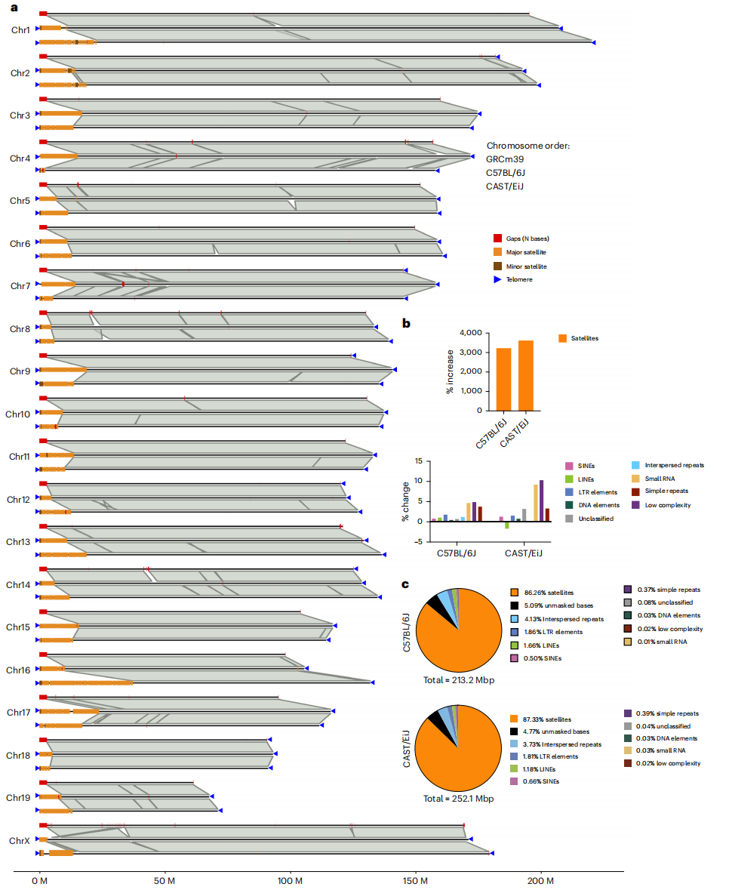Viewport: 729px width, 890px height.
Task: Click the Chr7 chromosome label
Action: pos(20,286)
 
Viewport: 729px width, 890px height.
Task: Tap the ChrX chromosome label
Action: pos(20,840)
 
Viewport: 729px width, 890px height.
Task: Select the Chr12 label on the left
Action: pos(18,500)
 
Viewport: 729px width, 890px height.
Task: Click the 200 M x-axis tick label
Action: pos(540,880)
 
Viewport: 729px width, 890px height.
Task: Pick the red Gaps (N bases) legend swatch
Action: pos(497,239)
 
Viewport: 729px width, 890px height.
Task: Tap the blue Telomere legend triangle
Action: pos(497,279)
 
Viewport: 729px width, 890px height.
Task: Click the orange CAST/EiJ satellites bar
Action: pos(526,375)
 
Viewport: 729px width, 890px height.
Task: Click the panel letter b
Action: pos(406,324)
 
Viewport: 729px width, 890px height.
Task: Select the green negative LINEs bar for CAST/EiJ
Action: pos(506,525)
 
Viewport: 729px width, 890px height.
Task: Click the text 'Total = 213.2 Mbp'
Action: pos(457,679)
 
